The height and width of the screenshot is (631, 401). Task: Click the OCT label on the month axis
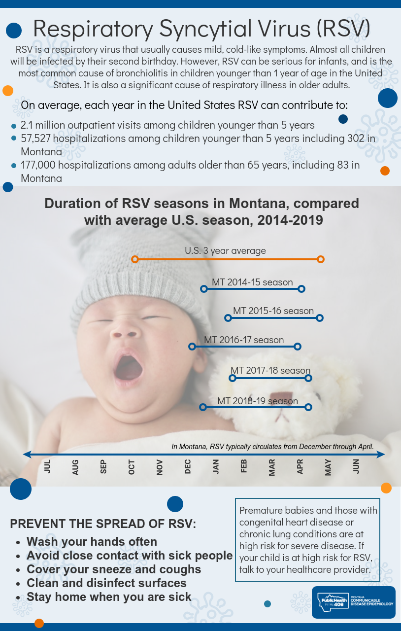[x=132, y=467]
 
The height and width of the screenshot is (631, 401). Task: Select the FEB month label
[x=244, y=466]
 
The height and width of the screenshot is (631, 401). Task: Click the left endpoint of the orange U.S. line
[x=135, y=259]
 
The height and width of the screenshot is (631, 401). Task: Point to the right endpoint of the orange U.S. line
[x=321, y=259]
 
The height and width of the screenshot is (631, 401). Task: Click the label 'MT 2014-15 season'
[x=252, y=282]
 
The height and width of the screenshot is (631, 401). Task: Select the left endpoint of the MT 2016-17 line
[x=192, y=347]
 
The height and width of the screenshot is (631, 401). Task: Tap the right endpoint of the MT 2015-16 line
[x=320, y=318]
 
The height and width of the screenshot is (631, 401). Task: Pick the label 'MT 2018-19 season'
[x=257, y=401]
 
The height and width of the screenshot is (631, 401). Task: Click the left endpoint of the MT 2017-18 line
[x=233, y=378]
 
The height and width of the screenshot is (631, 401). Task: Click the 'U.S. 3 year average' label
[x=225, y=250]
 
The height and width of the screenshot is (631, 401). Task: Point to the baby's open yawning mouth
[x=129, y=367]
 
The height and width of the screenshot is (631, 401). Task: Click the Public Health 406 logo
[x=354, y=602]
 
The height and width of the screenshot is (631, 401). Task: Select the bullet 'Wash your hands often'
[x=92, y=542]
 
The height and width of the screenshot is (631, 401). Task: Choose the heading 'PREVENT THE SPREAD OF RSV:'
[x=103, y=524]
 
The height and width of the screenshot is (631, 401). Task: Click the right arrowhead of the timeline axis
[x=380, y=454]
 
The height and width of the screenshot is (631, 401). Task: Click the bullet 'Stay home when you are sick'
[x=109, y=597]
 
